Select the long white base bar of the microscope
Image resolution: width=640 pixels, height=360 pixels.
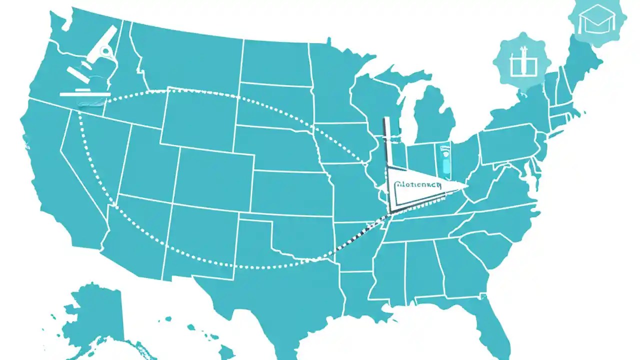[85, 93]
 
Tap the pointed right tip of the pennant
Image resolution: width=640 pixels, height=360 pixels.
[465, 186]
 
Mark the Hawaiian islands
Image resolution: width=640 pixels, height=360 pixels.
[210, 340]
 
